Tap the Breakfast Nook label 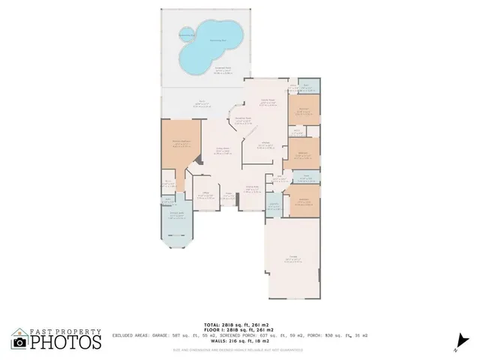point(242,118)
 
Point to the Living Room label point(222,150)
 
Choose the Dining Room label point(253,189)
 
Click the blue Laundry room point(274,206)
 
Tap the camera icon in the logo point(20,342)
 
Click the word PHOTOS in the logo point(66,342)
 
